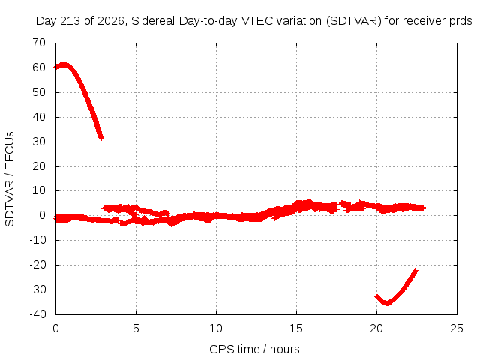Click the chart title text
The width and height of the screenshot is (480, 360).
[253, 21]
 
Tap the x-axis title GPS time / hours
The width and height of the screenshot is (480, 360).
[254, 349]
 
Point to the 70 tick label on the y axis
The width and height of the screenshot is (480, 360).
[39, 43]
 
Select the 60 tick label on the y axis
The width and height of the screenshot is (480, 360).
[39, 67]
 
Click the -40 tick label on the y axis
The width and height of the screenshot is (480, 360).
[37, 313]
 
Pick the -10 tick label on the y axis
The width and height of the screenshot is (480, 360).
[37, 240]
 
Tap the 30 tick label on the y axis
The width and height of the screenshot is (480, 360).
[39, 142]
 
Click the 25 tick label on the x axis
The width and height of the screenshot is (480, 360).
[457, 328]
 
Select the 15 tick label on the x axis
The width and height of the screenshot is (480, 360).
[296, 328]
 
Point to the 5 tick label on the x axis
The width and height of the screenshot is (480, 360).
[136, 328]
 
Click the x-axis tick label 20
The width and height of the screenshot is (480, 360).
[376, 328]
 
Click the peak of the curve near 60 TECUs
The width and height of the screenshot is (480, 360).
[64, 64]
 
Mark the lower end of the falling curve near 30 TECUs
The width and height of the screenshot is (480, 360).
[101, 138]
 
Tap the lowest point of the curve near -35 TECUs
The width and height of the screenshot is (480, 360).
[387, 303]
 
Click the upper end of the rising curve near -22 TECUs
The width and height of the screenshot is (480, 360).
[415, 270]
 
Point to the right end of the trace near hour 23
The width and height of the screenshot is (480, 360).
[424, 208]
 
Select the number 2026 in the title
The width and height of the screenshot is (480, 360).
[110, 21]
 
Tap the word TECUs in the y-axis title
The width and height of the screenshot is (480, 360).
[10, 149]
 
